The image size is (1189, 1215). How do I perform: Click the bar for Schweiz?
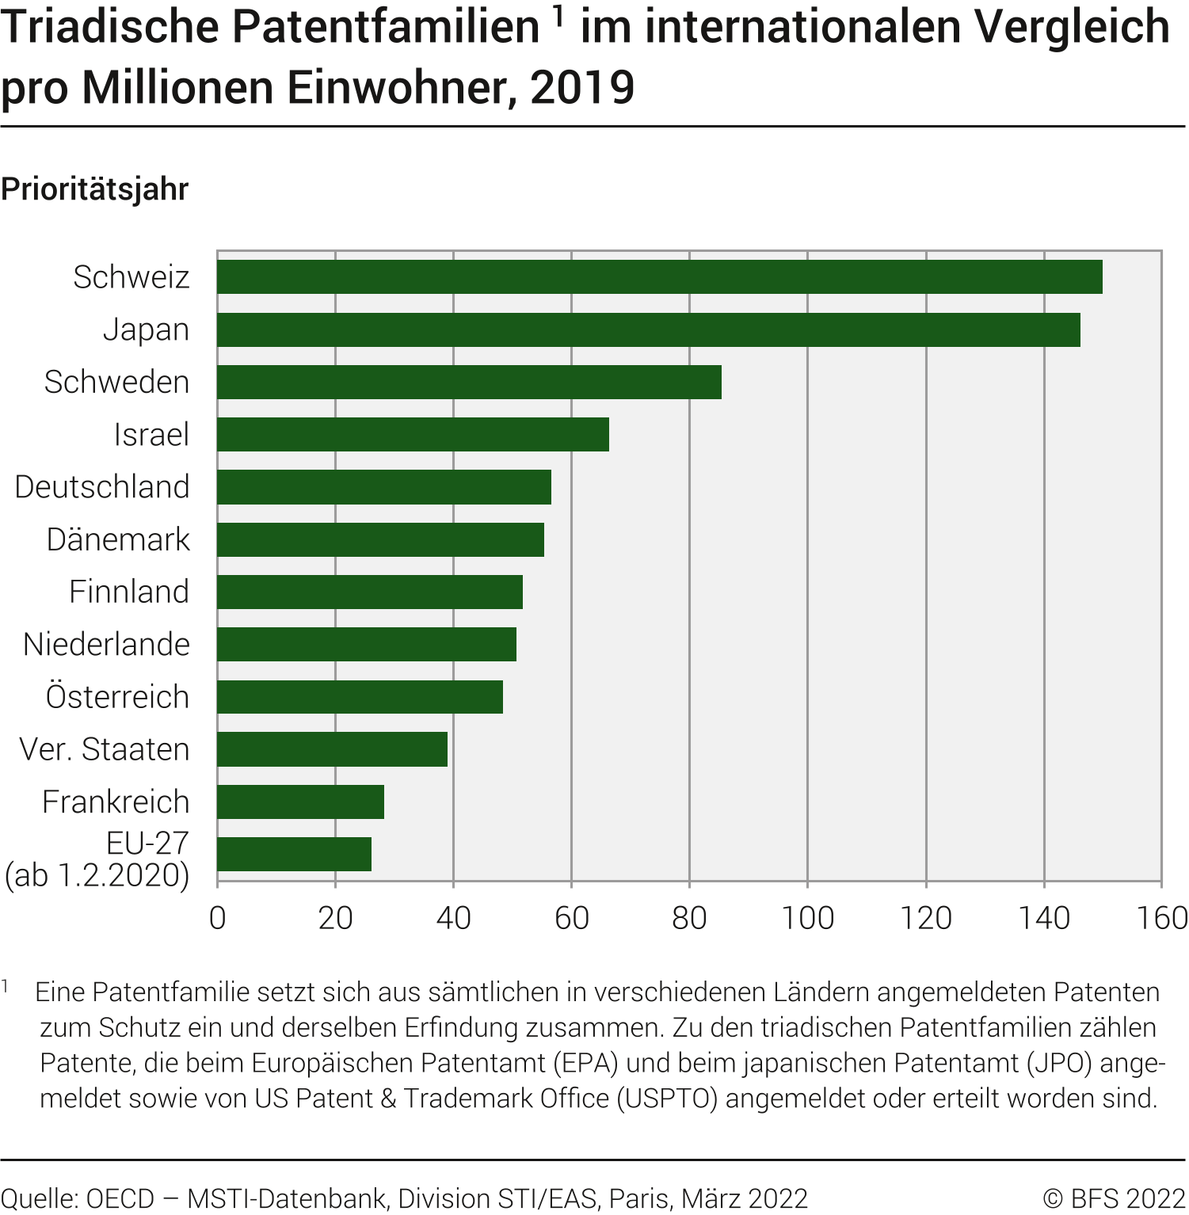click(x=659, y=277)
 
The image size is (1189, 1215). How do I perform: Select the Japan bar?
click(x=648, y=329)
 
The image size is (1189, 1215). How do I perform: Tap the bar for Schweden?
click(x=469, y=382)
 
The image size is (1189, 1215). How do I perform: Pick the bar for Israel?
click(x=413, y=434)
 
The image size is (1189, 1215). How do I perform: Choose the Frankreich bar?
click(x=300, y=802)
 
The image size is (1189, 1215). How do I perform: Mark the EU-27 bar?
click(x=294, y=854)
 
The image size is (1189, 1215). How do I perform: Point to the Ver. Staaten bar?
click(x=332, y=749)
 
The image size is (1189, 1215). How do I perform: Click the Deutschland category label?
click(x=102, y=487)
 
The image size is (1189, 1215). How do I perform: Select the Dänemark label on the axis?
click(x=118, y=539)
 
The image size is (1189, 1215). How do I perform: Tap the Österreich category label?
click(x=117, y=697)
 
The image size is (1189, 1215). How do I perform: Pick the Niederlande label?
click(x=106, y=645)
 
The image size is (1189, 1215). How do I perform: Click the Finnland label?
click(x=129, y=592)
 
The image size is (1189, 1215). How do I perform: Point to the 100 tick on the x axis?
click(x=807, y=918)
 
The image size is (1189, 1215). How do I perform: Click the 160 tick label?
click(x=1161, y=918)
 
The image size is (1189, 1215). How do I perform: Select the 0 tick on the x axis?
click(x=218, y=918)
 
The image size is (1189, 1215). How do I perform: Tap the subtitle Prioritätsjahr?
click(x=95, y=189)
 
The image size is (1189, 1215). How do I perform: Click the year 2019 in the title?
click(x=582, y=87)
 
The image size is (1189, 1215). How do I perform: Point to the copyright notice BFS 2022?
click(x=1114, y=1198)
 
